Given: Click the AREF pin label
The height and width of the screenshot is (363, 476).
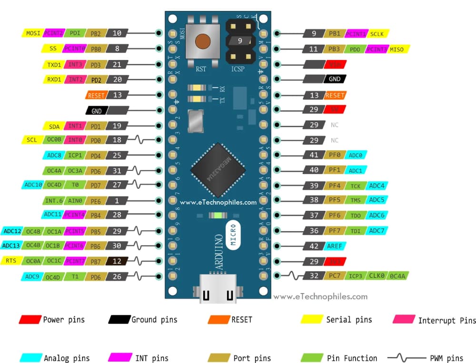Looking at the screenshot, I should point(335,246).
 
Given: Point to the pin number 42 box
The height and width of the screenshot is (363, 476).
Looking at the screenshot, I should point(314,246).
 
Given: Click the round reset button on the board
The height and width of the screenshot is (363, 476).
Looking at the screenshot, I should point(203,41).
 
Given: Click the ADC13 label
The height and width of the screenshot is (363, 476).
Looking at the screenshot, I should point(10,245).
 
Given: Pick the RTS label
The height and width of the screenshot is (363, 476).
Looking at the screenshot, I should point(10,261).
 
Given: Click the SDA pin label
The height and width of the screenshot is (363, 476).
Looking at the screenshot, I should point(54,127).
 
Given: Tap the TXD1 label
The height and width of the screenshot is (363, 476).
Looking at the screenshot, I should point(54,64).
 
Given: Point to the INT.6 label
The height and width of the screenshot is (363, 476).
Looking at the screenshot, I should point(51,201).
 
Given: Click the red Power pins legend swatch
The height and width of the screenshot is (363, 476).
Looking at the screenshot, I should point(30,319).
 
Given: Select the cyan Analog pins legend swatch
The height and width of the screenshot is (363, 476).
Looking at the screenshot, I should point(30,358).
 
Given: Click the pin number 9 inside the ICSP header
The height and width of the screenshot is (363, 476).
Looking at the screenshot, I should point(240,41).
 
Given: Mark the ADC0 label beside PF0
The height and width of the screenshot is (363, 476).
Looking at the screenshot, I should point(356,155).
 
